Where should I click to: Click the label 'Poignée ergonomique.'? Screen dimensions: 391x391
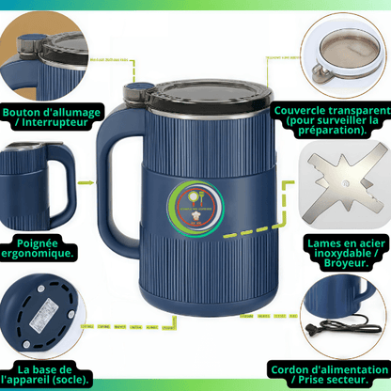point(43,247)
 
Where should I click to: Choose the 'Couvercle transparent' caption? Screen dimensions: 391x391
point(332,118)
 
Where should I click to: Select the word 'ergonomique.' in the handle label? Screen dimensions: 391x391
point(43,255)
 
